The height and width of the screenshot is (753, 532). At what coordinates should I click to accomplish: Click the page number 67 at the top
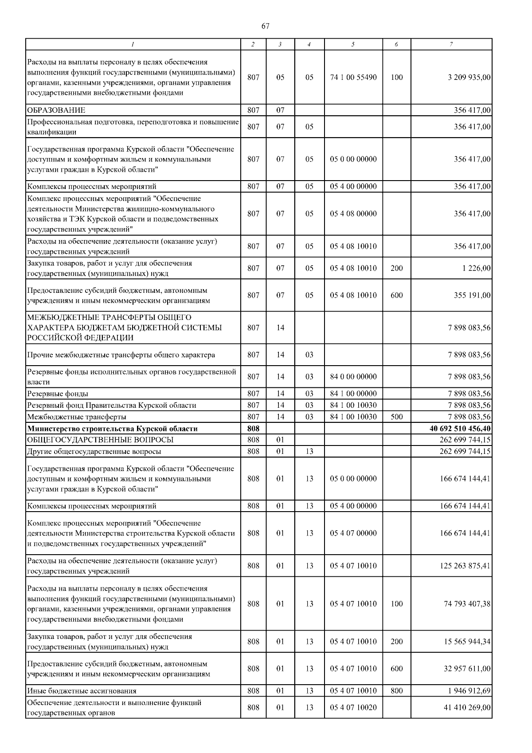tap(265, 26)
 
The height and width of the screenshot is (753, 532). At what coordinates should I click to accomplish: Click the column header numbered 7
tap(451, 44)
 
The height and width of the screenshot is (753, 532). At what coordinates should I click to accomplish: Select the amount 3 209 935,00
tap(469, 77)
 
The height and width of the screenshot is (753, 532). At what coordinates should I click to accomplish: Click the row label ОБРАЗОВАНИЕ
tap(56, 110)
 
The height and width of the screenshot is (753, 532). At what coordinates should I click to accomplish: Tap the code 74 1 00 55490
tap(353, 77)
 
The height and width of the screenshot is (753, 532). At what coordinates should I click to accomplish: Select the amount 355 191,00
tap(472, 295)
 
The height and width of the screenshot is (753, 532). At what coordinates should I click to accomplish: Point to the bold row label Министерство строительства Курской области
tap(112, 429)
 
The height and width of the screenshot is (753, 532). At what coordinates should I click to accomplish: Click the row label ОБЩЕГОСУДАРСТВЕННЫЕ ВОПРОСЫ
tap(100, 440)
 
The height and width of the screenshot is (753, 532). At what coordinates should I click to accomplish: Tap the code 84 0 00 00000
tap(353, 377)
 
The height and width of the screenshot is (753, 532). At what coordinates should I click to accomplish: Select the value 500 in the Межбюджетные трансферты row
tap(397, 417)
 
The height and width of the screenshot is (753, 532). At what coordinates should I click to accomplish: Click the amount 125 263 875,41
tap(465, 566)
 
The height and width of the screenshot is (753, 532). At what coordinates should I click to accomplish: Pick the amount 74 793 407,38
tap(467, 604)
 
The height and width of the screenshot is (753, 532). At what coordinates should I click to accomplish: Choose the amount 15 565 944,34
tap(467, 642)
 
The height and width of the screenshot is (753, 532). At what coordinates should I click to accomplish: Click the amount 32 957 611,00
tap(467, 669)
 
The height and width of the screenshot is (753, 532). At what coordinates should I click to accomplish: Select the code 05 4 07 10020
tap(353, 707)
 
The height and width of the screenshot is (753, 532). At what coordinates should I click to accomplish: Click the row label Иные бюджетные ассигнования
tap(82, 691)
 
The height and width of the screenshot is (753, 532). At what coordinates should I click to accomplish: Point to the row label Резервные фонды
tap(58, 394)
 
